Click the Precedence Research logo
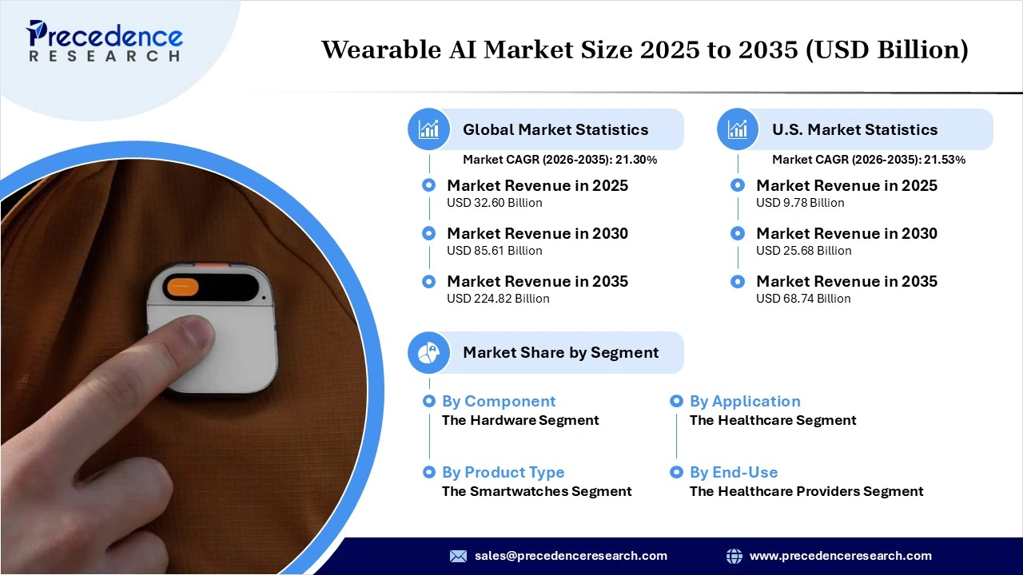[x=104, y=42]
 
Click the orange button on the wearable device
[x=183, y=286]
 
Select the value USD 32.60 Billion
[x=494, y=203]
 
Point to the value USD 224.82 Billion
[x=498, y=299]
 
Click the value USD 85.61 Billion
[x=494, y=251]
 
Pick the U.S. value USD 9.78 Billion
[x=800, y=203]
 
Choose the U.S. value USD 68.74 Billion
[x=803, y=299]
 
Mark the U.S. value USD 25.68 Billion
[x=803, y=251]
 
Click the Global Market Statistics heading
[x=555, y=129]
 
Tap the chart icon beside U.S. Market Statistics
[x=738, y=129]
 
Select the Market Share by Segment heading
[x=560, y=352]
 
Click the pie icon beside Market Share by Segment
[x=429, y=352]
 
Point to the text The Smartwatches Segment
[x=536, y=491]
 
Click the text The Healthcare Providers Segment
[x=806, y=491]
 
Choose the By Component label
[x=499, y=402]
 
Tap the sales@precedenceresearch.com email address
[x=571, y=556]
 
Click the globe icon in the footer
[x=734, y=556]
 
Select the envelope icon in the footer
[x=458, y=556]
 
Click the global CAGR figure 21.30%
[x=635, y=160]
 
